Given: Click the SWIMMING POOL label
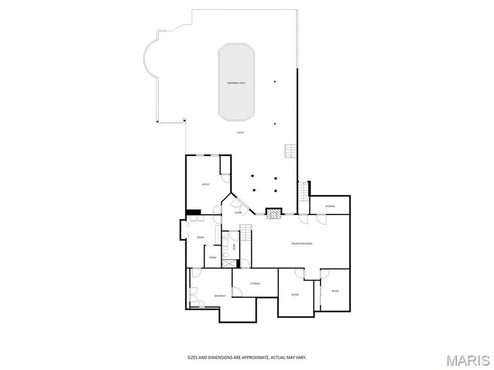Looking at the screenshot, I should pos(237,83).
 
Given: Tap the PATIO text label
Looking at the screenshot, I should pos(240,133).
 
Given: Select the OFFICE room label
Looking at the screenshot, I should pos(206,184).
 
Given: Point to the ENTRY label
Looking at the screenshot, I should pos(238,213).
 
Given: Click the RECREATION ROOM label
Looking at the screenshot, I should pos(301,243).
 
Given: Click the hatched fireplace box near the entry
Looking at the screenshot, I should pos(273,214).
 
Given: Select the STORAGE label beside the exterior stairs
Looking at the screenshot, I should pos(329,206).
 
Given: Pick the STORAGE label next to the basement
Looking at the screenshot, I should pos(255,283).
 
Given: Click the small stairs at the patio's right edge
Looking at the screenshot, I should pos(290,151).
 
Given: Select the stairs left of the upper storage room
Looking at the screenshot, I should pos(303,191).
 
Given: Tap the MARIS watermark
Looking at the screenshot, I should pos(468,360).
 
